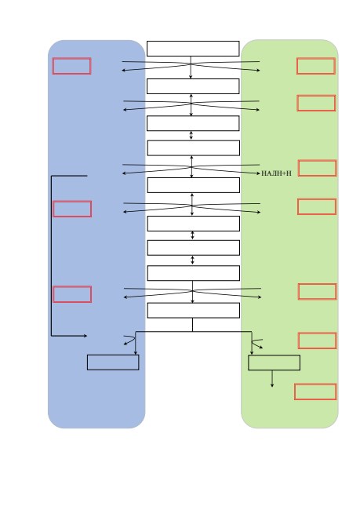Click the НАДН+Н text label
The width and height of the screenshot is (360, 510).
pos(276,173)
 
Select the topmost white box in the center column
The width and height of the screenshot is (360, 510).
pos(193,49)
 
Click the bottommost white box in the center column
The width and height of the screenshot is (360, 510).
pos(194,310)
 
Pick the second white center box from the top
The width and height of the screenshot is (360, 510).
pos(193,86)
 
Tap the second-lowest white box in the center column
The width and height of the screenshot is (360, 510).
pos(194,273)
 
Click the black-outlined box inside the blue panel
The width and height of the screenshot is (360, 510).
pos(113,362)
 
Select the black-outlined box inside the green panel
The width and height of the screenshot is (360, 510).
pos(275,362)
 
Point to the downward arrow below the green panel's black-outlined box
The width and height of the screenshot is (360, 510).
pos(272,379)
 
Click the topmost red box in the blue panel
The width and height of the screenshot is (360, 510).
pos(72,66)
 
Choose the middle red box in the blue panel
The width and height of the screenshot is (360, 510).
pos(72,209)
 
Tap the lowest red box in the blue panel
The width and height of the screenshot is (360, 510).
pos(72,294)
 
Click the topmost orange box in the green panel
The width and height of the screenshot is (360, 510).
pos(316,66)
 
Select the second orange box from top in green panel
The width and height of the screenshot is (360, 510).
pos(316,103)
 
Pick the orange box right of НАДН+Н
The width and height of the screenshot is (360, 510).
pos(318,168)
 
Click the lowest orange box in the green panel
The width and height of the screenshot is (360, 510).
pos(315,392)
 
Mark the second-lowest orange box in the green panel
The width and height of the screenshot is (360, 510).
pos(318,341)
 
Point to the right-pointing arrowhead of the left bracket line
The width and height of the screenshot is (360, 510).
pos(85,336)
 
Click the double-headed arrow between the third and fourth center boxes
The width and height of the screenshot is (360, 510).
pos(191,135)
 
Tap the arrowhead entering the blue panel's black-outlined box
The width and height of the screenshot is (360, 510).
pos(135,353)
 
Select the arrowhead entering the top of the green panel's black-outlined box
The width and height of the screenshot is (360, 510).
pos(252,353)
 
